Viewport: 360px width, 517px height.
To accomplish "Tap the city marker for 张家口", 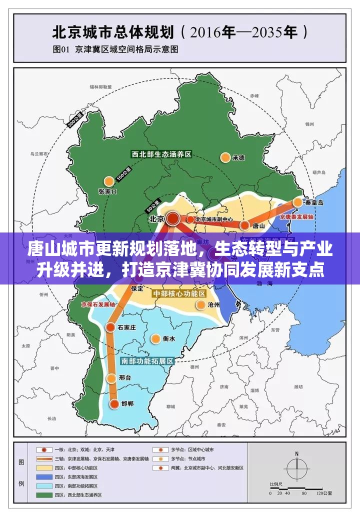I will (108, 181).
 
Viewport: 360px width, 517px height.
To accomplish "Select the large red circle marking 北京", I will (173, 218).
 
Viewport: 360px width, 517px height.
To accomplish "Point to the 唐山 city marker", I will (244, 225).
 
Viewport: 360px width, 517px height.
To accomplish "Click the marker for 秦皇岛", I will (298, 202).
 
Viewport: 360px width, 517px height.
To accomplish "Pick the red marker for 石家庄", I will (109, 327).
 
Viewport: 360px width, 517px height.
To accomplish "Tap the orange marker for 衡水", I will (155, 338).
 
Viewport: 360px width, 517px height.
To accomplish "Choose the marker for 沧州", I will (201, 304).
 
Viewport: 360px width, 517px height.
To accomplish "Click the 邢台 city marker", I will (111, 378).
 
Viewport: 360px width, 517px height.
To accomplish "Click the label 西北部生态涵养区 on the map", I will (161, 154).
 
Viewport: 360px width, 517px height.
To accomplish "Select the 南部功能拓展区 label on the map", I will (147, 360).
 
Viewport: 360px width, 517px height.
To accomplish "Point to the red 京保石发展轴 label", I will (98, 304).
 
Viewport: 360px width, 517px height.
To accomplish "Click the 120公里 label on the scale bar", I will (325, 493).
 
